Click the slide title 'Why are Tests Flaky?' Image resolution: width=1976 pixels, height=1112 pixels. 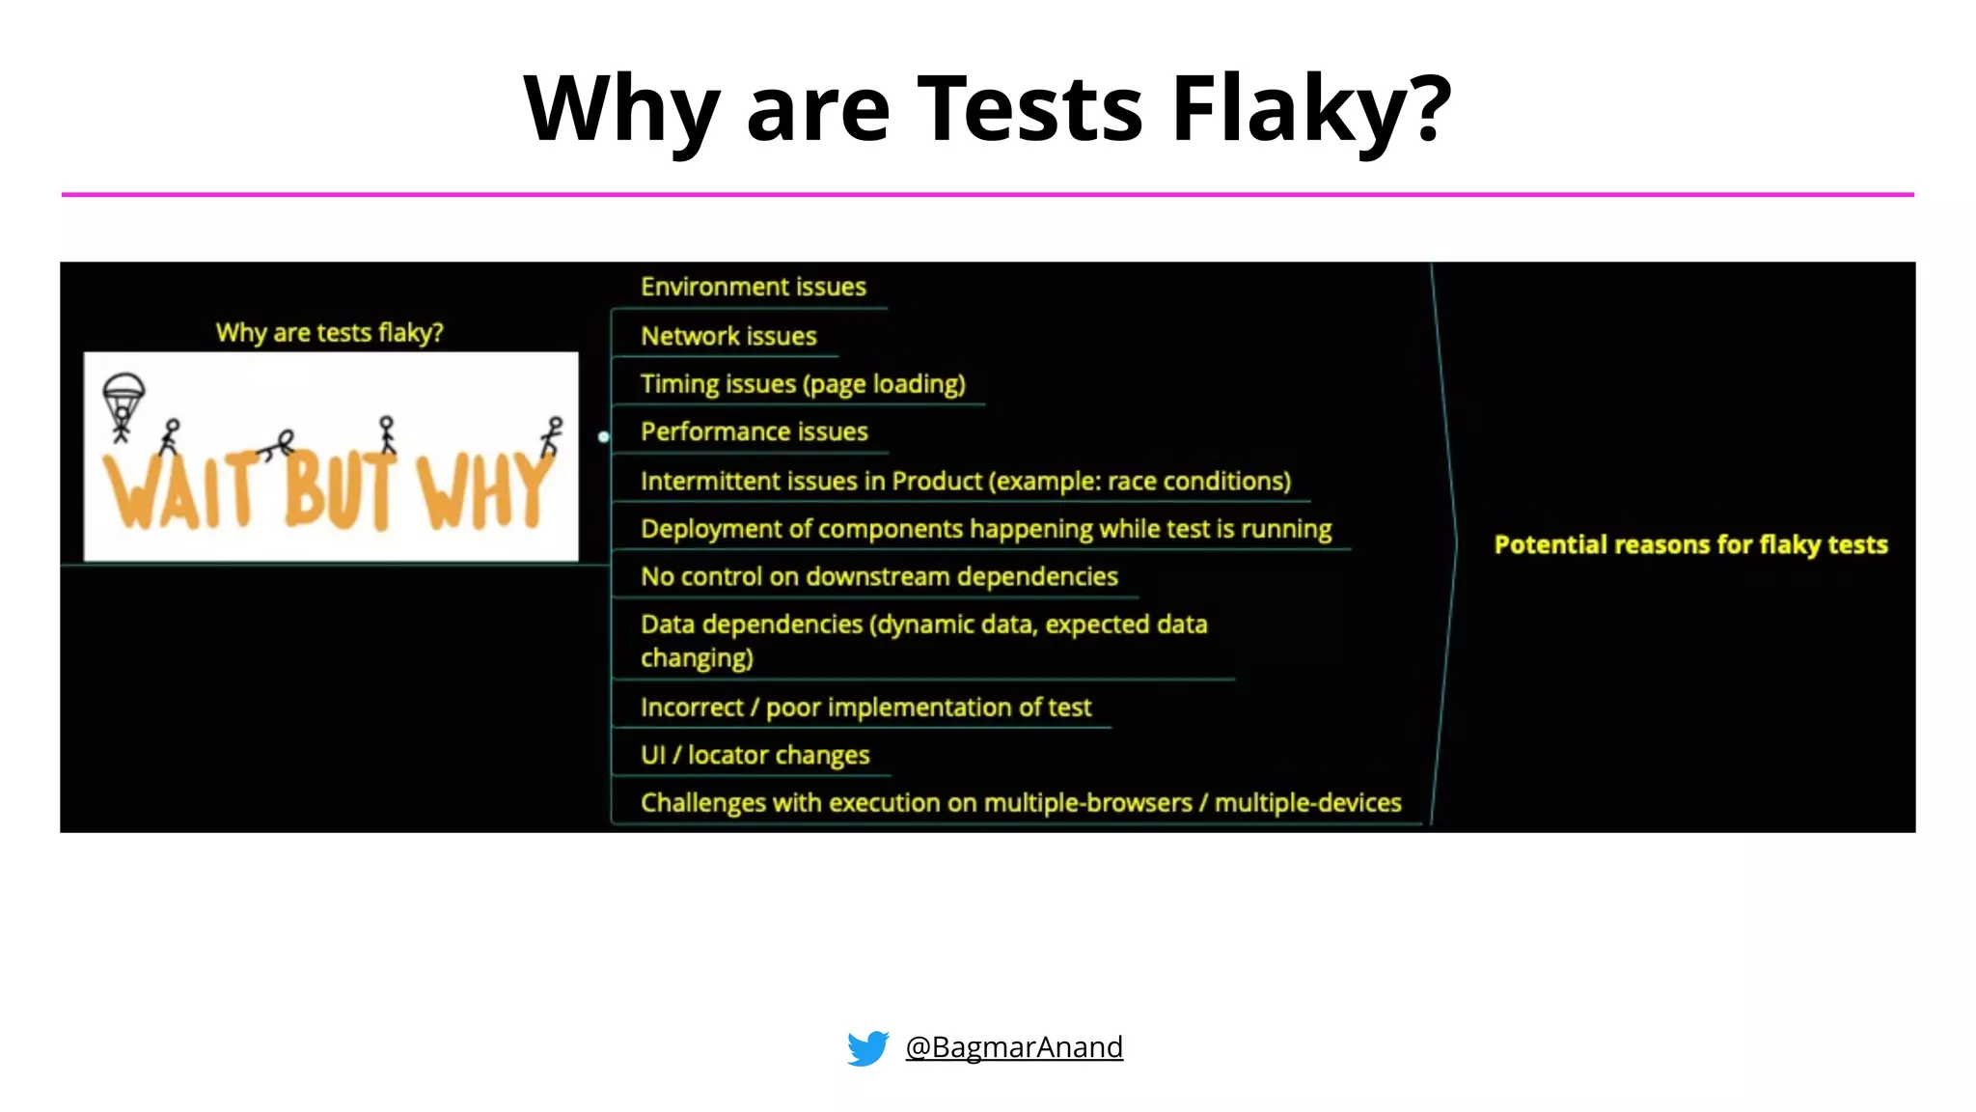coord(987,108)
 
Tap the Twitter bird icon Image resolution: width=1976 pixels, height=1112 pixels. coord(867,1047)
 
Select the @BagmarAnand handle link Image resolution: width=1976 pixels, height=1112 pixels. coord(1014,1047)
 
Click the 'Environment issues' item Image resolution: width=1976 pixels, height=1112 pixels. coord(753,287)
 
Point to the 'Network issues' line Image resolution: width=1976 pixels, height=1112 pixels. coord(728,336)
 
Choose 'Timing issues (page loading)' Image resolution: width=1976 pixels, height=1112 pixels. coord(803,384)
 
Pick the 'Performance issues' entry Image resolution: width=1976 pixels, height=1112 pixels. coord(754,431)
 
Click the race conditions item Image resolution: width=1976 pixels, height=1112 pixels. coord(965,481)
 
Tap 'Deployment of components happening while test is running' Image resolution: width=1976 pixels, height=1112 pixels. coord(985,529)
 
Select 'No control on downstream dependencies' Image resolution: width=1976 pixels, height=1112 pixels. coord(879,576)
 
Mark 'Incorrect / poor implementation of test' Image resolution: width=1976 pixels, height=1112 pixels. coord(865,708)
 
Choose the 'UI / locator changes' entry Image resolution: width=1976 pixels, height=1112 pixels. coord(755,755)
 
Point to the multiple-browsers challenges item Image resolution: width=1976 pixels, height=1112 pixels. coord(1021,803)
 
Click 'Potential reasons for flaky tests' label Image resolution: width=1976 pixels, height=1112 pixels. coord(1690,544)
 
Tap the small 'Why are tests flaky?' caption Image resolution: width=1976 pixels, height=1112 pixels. coord(329,333)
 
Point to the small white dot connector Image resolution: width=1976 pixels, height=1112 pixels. coord(604,437)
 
